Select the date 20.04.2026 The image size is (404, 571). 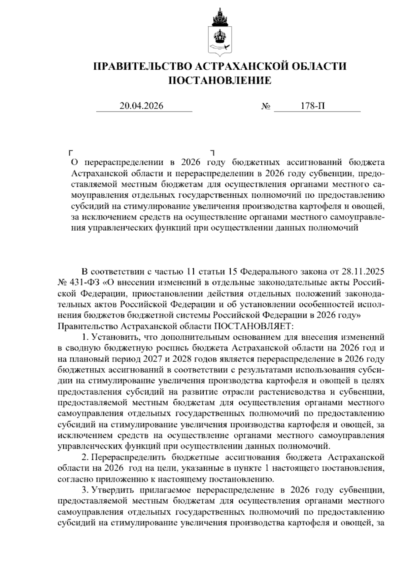pyautogui.click(x=141, y=106)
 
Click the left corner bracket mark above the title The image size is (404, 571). pyautogui.click(x=70, y=152)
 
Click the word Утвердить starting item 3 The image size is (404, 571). pyautogui.click(x=113, y=490)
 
